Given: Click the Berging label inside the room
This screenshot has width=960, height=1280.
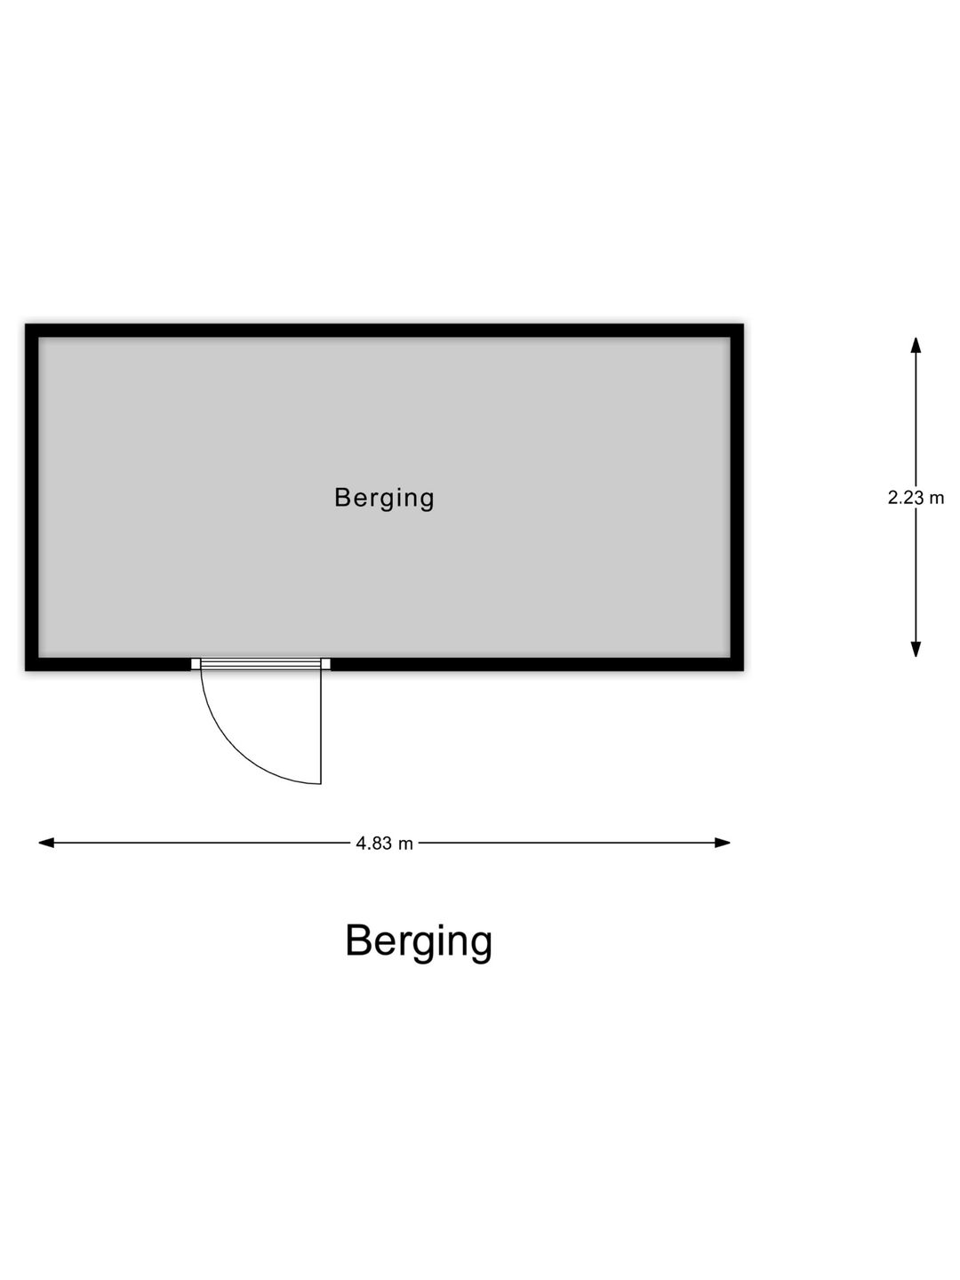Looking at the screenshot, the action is click(x=384, y=499).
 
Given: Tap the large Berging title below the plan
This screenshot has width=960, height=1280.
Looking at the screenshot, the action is click(x=419, y=941).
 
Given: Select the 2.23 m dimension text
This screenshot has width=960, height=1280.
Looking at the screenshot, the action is click(x=916, y=498).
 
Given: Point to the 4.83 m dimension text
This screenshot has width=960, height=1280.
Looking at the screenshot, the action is click(x=384, y=844).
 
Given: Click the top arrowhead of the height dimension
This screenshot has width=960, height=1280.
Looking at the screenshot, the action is click(x=916, y=345).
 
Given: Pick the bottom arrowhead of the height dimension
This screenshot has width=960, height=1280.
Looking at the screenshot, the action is click(x=916, y=650).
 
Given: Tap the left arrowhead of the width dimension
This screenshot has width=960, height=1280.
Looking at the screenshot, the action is click(x=46, y=843).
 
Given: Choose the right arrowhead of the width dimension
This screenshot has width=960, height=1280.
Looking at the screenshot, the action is click(x=722, y=843).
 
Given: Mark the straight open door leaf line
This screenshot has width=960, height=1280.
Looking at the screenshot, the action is click(x=321, y=726).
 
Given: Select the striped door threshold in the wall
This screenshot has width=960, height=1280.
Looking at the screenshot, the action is click(x=260, y=664).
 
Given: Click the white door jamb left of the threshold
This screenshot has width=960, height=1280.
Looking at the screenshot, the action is click(x=196, y=664).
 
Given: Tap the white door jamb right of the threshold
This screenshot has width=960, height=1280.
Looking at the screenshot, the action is click(x=326, y=664).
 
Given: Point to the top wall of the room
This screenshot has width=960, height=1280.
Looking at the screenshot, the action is click(x=384, y=330).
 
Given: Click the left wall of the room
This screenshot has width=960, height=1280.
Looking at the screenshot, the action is click(x=32, y=497).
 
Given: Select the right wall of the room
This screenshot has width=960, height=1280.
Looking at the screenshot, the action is click(x=737, y=497).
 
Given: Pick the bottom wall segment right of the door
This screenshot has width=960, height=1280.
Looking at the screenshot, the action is click(x=537, y=664).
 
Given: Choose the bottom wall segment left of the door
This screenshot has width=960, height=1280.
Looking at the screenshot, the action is click(x=108, y=664).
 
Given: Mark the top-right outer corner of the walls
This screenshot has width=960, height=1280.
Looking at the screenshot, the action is click(x=743, y=324).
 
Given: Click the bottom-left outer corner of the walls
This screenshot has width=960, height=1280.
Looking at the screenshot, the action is click(x=26, y=670).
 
